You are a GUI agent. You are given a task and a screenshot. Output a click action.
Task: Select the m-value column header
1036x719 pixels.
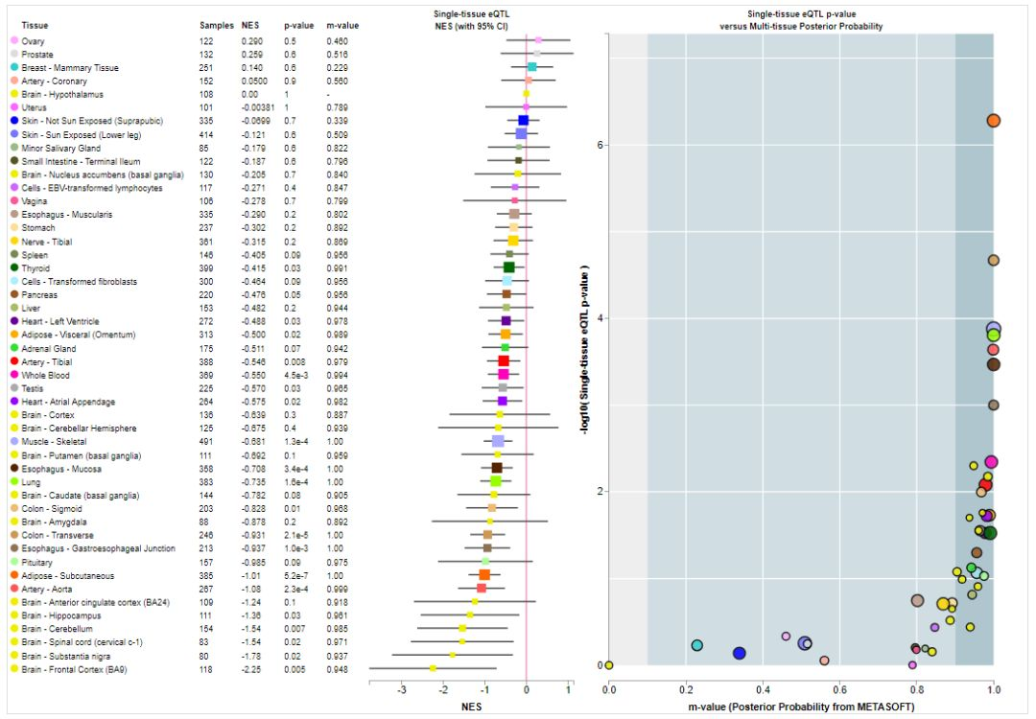[341, 25]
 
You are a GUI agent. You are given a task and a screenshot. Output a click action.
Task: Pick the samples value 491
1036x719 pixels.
[206, 441]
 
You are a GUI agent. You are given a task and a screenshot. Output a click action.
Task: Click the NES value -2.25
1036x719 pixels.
[250, 668]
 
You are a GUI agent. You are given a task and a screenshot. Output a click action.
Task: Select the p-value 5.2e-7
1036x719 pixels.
[297, 575]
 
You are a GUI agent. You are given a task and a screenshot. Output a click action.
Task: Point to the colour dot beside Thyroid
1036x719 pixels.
[13, 268]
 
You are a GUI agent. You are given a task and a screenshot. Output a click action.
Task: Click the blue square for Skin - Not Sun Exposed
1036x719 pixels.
[523, 121]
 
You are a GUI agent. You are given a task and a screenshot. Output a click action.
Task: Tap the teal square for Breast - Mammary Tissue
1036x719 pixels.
[531, 67]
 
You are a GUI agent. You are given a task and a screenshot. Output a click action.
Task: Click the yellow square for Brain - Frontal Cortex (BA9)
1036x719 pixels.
[433, 668]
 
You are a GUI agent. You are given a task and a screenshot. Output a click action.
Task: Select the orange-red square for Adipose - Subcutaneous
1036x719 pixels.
[484, 575]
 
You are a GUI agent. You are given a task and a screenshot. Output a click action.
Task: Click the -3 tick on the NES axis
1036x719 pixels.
[402, 689]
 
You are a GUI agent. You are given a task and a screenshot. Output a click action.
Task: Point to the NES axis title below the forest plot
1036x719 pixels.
[472, 707]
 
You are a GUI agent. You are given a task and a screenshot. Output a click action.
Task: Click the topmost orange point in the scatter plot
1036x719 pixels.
[993, 121]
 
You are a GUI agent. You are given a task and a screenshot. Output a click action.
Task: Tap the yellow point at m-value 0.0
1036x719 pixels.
[609, 664]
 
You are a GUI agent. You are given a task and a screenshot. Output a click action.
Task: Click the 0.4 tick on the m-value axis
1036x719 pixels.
[763, 687]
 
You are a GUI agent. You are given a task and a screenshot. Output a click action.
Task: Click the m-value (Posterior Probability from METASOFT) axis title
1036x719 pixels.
[800, 707]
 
